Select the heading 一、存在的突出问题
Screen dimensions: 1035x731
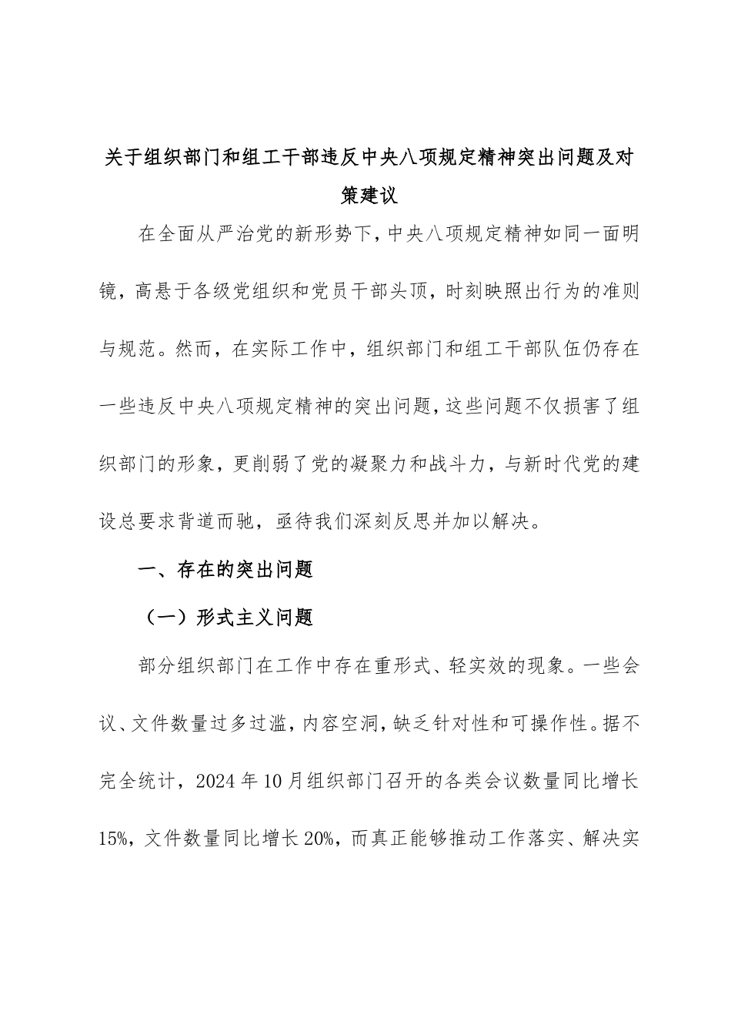(x=225, y=571)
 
